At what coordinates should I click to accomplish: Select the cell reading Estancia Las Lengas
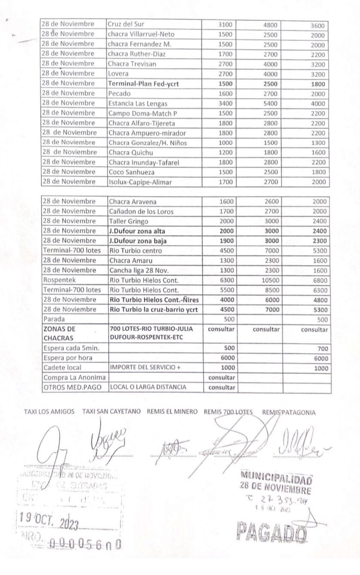137,103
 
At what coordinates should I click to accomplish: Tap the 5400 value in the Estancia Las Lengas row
271,103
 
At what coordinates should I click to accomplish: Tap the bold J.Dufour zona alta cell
137,231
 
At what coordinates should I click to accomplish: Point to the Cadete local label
62,368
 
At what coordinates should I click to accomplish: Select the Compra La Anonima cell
74,377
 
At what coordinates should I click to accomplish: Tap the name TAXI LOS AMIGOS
49,412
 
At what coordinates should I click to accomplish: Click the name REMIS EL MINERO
172,412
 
